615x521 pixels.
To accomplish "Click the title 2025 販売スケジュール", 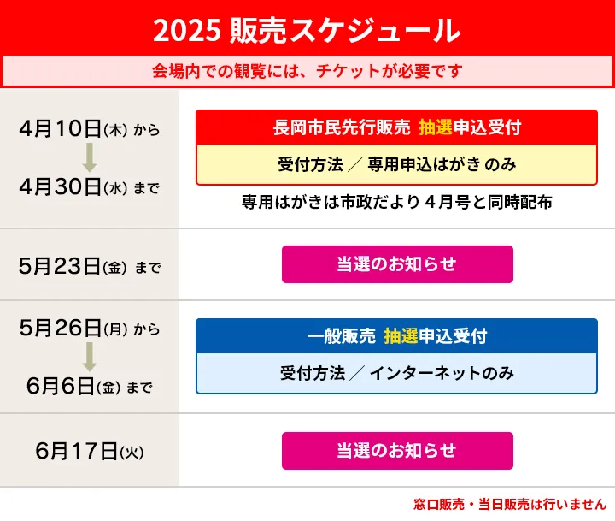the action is click(307, 31).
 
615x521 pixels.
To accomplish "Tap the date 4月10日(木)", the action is click(73, 128).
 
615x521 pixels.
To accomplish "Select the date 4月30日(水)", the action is click(73, 186).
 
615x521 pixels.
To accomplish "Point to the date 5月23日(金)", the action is click(73, 266).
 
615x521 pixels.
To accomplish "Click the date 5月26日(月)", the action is click(73, 328).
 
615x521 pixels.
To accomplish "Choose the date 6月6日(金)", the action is click(73, 386).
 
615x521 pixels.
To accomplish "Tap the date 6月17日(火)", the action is click(90, 451).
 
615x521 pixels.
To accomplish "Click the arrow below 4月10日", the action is click(90, 157).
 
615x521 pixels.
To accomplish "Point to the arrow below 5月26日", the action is click(90, 357).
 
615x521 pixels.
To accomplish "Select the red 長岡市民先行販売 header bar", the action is click(396, 127).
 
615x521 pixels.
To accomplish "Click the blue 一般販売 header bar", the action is click(396, 336).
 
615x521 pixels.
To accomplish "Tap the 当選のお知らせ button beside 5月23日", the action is click(397, 264).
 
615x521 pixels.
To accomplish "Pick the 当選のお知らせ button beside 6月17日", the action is click(397, 451).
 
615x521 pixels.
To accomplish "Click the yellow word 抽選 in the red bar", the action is click(436, 127).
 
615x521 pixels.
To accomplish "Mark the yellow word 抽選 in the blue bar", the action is click(401, 336).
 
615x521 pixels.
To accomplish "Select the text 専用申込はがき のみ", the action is click(442, 164).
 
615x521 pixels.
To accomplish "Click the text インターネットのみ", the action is click(442, 373).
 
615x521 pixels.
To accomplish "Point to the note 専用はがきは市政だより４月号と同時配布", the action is click(396, 202).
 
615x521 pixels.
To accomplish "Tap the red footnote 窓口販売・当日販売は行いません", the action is click(510, 504).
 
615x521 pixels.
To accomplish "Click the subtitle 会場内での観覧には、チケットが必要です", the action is click(307, 71).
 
